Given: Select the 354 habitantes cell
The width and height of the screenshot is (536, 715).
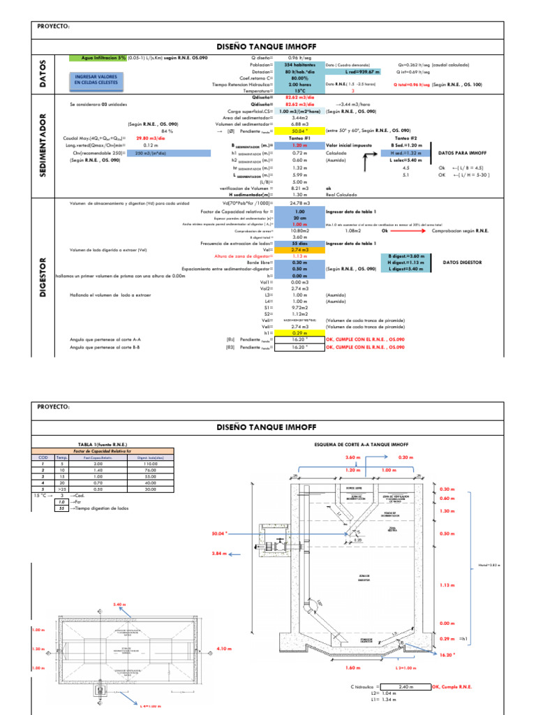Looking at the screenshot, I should point(299,65).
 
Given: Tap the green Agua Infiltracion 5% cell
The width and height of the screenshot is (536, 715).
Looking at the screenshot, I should point(97,58).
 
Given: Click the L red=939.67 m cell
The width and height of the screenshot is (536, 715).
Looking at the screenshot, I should point(362,71).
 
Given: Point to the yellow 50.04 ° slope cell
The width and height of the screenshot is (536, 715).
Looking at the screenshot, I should point(299,131).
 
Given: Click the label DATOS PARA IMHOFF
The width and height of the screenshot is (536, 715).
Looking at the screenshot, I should point(461,152).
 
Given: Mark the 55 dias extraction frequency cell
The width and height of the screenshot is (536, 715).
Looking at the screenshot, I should point(299,243).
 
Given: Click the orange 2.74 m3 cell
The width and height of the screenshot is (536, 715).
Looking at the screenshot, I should point(299,249).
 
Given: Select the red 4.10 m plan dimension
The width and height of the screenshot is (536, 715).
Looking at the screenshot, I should point(223,649).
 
